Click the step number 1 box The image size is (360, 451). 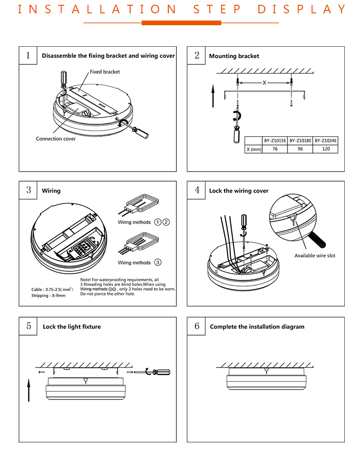coord(28,55)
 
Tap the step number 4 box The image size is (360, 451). coord(197,190)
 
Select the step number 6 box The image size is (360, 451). coord(197,326)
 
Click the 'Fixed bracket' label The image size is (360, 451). coord(105,72)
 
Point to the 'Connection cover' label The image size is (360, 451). coord(56,139)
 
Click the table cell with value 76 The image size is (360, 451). coord(275,149)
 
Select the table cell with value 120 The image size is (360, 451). coord(326,149)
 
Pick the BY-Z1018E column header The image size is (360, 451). coord(300,141)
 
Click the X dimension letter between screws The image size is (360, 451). coord(264,82)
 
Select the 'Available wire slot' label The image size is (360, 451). coord(315,256)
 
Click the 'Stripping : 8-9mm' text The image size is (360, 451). coord(49,296)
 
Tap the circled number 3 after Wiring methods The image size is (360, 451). coord(158,263)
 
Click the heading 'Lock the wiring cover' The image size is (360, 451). coord(238,191)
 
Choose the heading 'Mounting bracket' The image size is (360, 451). coord(234,56)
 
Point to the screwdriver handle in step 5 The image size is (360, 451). coord(162,372)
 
